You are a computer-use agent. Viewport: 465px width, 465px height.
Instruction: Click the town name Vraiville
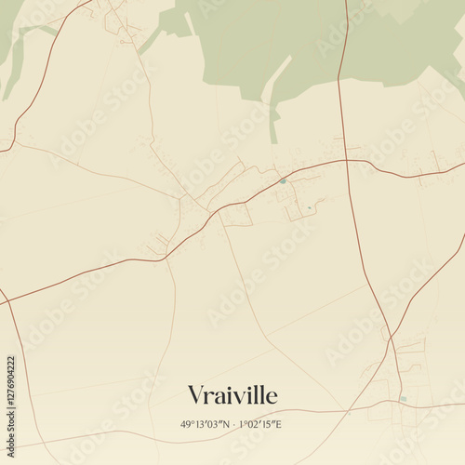click(x=232, y=395)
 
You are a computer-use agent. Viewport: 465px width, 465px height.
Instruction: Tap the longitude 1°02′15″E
click(x=260, y=424)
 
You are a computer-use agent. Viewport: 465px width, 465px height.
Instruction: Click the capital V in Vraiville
click(x=195, y=395)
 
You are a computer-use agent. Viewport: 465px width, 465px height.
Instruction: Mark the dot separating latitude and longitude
click(x=233, y=424)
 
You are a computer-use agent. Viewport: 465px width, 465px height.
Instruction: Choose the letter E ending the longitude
click(x=279, y=424)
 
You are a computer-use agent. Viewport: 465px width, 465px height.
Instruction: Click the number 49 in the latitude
click(x=185, y=424)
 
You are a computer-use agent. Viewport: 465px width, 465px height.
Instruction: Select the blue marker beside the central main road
click(x=283, y=180)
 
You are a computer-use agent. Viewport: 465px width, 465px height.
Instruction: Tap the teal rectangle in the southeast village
click(x=402, y=399)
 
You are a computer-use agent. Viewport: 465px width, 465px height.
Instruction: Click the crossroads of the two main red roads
click(x=347, y=160)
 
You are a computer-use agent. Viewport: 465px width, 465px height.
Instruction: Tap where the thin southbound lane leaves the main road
click(x=166, y=260)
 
